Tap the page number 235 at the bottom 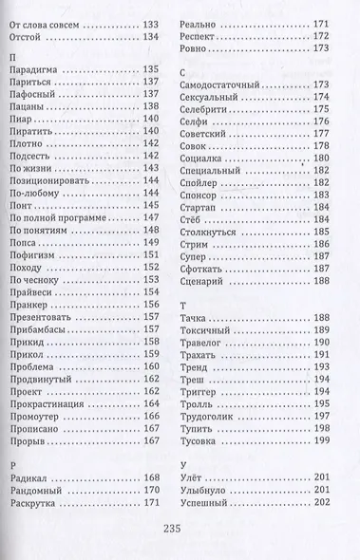click(180, 531)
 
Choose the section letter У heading click(181, 465)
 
